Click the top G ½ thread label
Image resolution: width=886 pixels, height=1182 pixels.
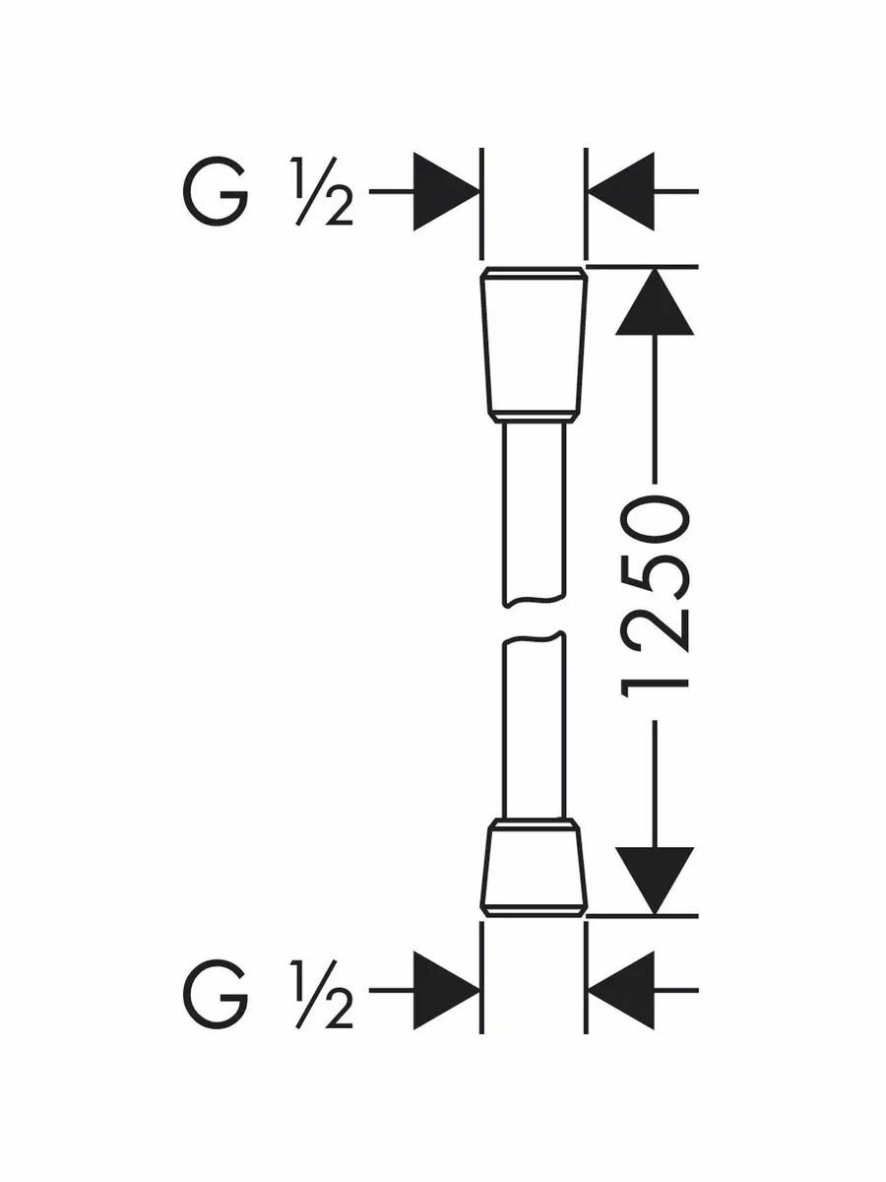click(267, 192)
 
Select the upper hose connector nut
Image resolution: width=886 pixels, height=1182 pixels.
click(535, 344)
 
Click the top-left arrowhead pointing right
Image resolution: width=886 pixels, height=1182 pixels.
click(446, 192)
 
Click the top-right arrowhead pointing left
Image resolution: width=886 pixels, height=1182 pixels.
click(620, 192)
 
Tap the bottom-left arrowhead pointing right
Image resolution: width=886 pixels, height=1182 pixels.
click(446, 990)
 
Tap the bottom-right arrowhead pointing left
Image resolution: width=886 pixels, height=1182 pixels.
click(620, 990)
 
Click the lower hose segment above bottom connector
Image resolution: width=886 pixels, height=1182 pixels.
click(533, 729)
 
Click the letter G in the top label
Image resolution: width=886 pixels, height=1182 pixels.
click(214, 193)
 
